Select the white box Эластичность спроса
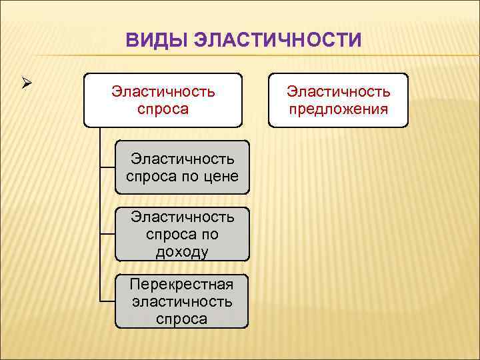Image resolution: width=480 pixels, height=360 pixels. [163, 100]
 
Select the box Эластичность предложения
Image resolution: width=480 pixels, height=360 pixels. [338, 100]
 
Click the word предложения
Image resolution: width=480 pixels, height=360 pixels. [338, 109]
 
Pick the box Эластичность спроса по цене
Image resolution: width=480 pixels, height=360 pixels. [182, 167]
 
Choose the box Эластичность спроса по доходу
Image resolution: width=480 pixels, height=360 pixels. [182, 234]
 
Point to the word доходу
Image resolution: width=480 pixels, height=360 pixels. [182, 251]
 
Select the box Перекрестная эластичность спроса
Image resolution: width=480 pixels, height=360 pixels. [182, 301]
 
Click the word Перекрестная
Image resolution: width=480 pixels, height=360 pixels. [182, 285]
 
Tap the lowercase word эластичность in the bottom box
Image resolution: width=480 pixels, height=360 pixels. [182, 301]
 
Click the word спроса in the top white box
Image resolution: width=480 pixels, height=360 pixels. [163, 109]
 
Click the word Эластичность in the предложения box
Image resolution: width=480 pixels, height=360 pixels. [338, 91]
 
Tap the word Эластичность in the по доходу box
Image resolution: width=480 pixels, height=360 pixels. [182, 217]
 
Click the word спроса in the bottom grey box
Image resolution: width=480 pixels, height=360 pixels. [182, 319]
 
